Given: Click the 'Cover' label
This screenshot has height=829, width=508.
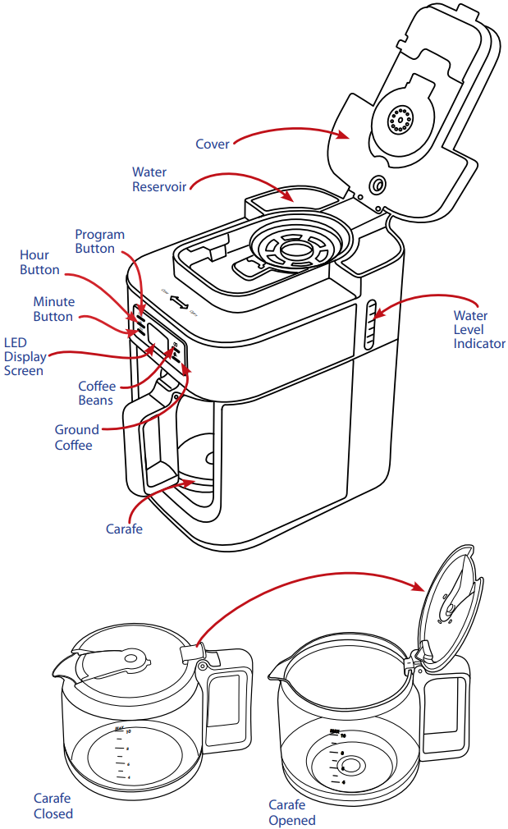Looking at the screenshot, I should coord(212,144).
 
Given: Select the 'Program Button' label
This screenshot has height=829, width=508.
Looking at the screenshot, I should coord(100,241).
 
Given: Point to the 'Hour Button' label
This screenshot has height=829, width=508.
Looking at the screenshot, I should coord(39,263).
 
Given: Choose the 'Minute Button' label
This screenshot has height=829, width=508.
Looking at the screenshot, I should coord(53,309).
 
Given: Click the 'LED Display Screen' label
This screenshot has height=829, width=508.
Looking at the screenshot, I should coord(24,357).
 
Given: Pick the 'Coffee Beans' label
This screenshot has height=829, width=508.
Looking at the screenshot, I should coord(96,393).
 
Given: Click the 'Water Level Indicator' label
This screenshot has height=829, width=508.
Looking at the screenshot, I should coord(479,329).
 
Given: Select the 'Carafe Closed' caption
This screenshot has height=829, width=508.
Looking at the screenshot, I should coord(53,806).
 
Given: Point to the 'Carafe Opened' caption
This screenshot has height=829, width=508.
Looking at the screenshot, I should coord(292,813).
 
